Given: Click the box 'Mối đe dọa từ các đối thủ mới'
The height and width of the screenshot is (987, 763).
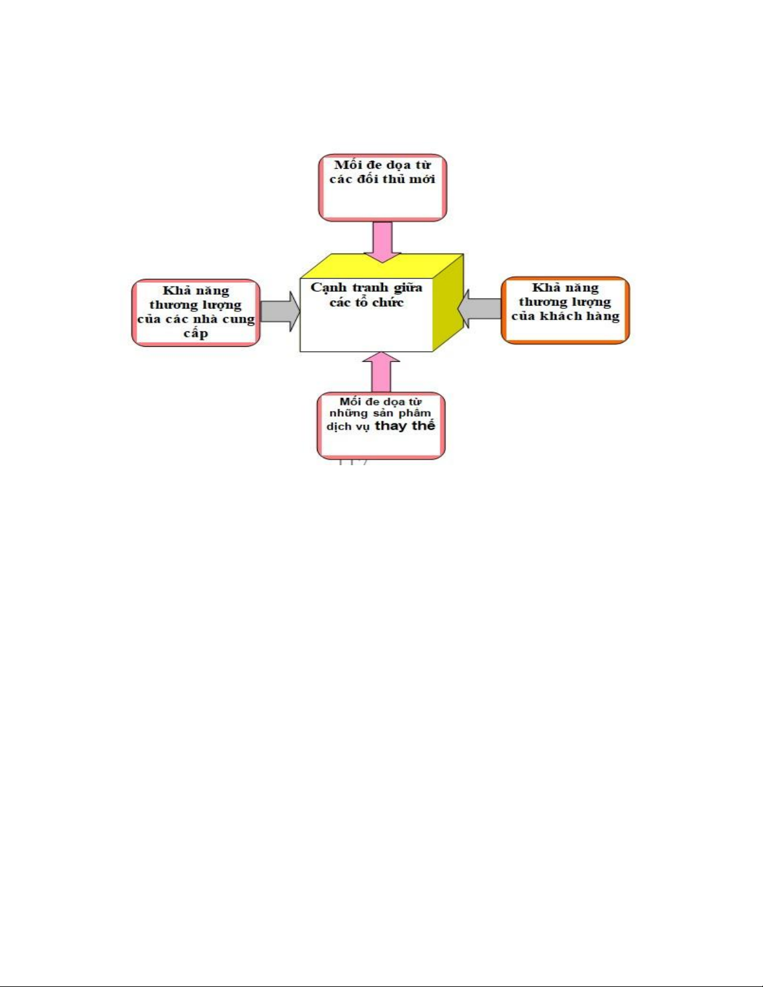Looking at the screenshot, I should (382, 188).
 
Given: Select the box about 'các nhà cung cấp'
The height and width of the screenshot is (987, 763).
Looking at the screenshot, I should (196, 313).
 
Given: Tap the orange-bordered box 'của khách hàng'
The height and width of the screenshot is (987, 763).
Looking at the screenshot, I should (565, 310).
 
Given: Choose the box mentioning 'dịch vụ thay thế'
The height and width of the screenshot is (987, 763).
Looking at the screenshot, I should (381, 426).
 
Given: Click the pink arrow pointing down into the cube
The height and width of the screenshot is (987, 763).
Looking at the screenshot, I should (382, 242).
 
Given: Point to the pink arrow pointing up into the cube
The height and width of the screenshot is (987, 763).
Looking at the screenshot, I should (381, 372).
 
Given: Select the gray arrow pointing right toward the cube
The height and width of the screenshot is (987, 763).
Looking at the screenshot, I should (280, 311).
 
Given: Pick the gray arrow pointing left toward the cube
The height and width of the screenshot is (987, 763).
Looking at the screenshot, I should (480, 309).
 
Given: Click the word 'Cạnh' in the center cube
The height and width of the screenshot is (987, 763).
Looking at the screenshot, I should (328, 288).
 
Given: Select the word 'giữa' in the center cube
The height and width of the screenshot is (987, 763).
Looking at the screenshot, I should (407, 288).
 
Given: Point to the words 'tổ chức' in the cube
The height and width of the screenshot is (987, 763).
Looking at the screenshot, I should (379, 303).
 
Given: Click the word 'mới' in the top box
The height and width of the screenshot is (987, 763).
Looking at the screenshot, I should (422, 179).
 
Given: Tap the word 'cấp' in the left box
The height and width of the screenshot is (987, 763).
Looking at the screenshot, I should (196, 334).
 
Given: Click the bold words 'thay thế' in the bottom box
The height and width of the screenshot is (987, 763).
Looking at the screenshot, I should (404, 426).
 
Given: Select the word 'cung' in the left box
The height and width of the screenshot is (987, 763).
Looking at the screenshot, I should (239, 319).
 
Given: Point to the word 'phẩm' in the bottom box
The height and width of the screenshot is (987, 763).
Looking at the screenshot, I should (415, 413).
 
